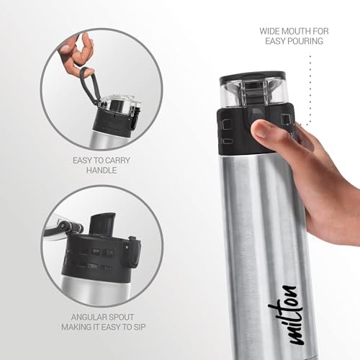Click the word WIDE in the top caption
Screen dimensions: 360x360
(269, 31)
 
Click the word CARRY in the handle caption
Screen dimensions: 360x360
(117, 161)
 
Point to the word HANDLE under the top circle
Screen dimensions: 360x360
(102, 171)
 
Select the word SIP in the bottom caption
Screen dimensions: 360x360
(140, 327)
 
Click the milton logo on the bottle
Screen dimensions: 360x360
(286, 315)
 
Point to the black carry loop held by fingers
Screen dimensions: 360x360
(90, 85)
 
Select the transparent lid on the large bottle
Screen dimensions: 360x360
(253, 89)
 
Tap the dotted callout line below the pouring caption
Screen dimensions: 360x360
(310, 91)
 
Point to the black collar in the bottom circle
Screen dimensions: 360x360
(99, 258)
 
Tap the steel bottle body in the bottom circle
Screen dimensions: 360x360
(95, 291)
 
